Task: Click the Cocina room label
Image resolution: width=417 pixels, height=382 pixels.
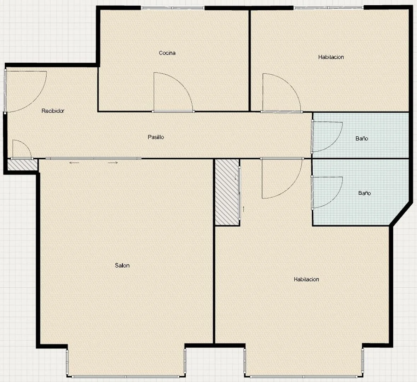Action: point(167,53)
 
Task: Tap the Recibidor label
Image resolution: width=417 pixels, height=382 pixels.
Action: point(53,111)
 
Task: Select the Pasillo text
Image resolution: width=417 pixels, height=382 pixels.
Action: point(156,137)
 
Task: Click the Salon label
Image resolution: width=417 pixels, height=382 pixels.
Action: point(122,265)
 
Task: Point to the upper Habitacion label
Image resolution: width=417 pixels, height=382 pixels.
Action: point(331,57)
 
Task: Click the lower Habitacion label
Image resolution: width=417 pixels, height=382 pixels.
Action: point(306,279)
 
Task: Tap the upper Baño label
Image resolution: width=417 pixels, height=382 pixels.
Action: point(362,138)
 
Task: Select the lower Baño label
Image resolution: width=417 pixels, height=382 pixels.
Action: point(364,193)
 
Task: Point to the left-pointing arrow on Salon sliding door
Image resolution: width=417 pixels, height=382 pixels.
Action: point(75,163)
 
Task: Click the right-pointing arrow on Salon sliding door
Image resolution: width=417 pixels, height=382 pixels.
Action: point(113,163)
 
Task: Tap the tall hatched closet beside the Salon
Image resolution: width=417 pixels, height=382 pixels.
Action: point(227,192)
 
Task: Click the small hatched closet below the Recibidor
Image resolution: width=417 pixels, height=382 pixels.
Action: point(22,165)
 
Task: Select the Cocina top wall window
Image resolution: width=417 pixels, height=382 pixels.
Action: point(173,8)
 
